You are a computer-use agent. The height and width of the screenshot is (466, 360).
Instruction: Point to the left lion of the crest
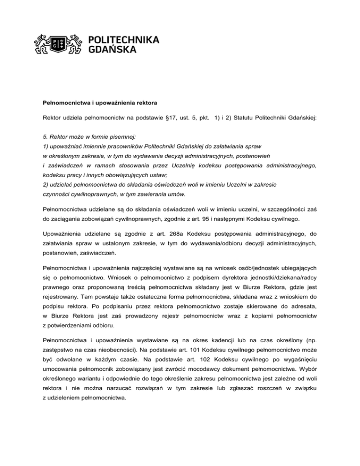pyautogui.click(x=43, y=45)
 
